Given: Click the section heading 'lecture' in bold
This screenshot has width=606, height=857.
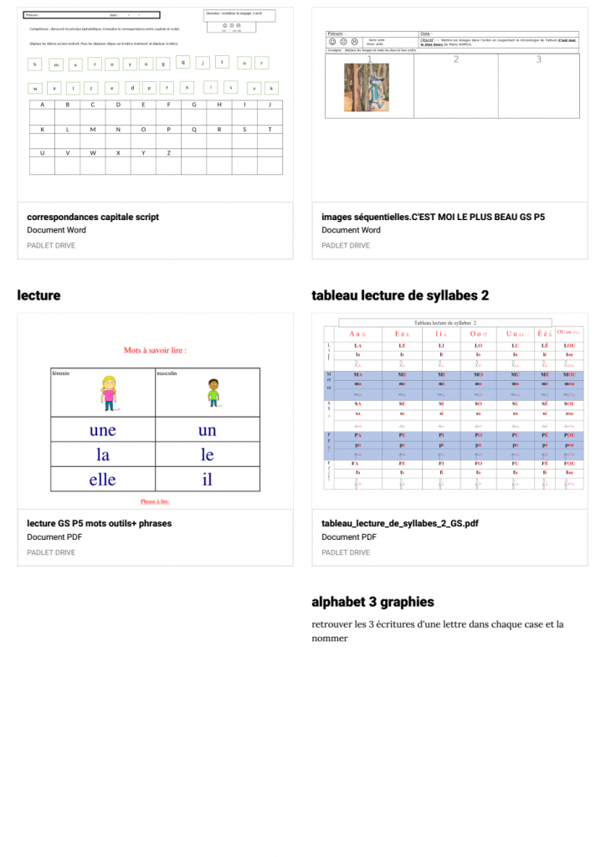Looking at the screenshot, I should click(39, 295).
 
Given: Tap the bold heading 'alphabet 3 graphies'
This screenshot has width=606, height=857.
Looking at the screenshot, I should click(372, 602).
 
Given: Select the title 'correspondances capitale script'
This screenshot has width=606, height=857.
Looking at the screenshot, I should click(93, 217).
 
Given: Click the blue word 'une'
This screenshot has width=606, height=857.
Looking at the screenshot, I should click(102, 431).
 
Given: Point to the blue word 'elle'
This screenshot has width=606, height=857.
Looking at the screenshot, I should click(102, 480).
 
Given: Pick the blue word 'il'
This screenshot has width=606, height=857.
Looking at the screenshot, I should click(207, 480).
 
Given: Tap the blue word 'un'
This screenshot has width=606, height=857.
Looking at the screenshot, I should click(207, 431).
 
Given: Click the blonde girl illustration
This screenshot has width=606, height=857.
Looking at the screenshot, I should click(108, 393).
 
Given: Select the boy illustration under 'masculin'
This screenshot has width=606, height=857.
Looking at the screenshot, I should click(213, 393).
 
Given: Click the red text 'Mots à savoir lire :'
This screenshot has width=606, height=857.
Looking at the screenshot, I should click(155, 350).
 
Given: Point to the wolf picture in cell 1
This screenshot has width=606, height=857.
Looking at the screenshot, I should click(366, 88).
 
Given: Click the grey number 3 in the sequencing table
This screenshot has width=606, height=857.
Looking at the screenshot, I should click(539, 59).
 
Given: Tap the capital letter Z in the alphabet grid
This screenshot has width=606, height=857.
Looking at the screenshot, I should click(169, 153).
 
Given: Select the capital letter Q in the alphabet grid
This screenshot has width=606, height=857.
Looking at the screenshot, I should click(194, 130).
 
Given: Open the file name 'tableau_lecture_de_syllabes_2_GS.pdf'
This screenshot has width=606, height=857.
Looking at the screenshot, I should click(400, 524).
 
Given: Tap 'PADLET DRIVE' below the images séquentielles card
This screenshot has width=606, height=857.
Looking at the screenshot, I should click(346, 245).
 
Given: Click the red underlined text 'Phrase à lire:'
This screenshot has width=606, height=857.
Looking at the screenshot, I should click(155, 502).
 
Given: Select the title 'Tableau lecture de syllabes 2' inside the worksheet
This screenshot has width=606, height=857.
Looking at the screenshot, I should click(444, 322).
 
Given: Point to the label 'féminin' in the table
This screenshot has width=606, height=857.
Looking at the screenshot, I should click(60, 373).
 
